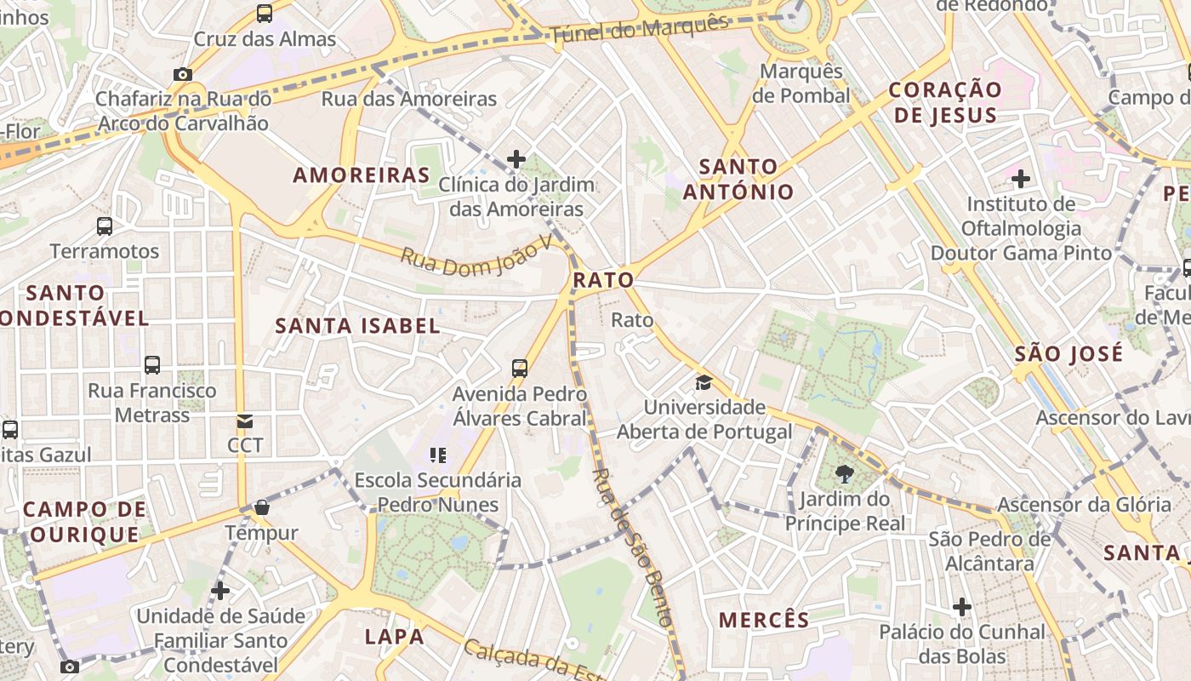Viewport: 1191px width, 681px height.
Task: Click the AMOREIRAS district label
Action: [x=362, y=175]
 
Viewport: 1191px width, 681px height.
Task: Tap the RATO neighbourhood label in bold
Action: [x=603, y=280]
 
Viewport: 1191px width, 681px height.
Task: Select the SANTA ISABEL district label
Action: [x=357, y=325]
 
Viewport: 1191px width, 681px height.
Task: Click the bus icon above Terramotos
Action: [x=105, y=226]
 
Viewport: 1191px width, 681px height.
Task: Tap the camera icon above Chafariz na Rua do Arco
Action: [x=183, y=75]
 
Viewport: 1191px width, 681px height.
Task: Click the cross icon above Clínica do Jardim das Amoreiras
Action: [x=516, y=159]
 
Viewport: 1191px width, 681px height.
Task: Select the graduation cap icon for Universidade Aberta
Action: [x=704, y=382]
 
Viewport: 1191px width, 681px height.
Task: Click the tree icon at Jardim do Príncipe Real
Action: [x=844, y=474]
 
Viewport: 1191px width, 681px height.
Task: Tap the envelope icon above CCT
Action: [x=245, y=421]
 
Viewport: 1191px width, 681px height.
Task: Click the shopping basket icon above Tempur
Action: [x=261, y=508]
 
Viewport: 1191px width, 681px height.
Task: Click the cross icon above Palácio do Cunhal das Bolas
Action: [x=962, y=607]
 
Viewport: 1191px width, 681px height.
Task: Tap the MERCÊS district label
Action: [x=764, y=620]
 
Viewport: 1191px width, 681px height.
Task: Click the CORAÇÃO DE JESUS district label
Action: [x=945, y=102]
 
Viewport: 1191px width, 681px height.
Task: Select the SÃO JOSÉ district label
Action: [x=1068, y=353]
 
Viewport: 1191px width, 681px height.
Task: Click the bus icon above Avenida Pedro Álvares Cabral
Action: [x=520, y=369]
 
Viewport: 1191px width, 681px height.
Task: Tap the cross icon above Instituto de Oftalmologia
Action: [x=1020, y=179]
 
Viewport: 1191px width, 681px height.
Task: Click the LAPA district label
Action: [x=394, y=636]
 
